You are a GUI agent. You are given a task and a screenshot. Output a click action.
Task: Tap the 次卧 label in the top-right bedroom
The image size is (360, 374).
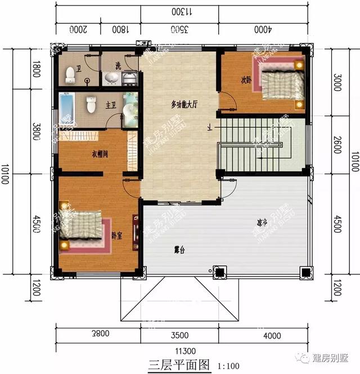pos(246,79)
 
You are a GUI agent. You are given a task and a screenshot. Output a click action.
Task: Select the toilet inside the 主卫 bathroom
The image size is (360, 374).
pos(91,104)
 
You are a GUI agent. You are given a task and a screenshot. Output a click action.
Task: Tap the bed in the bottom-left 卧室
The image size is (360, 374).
pos(82,228)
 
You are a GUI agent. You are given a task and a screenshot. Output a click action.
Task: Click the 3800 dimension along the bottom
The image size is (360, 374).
pos(98,335)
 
